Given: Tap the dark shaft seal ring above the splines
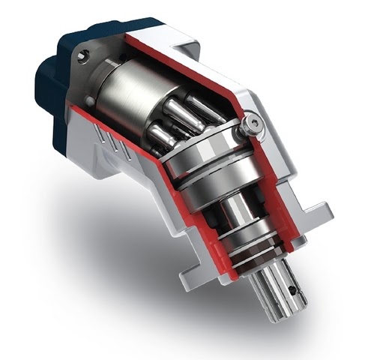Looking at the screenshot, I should coord(251,262).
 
